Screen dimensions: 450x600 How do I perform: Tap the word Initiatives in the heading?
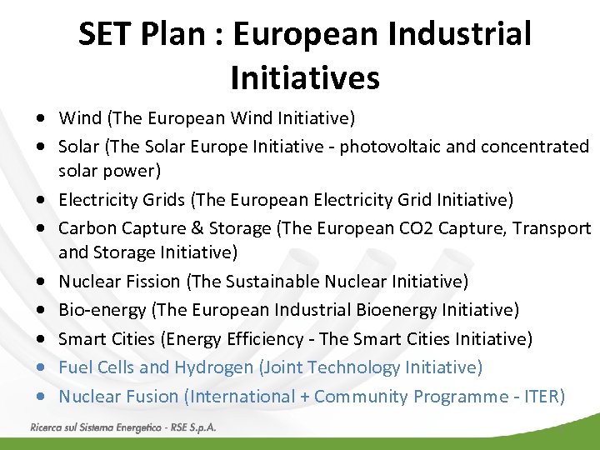pos(305,78)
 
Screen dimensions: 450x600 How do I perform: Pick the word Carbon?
pos(87,228)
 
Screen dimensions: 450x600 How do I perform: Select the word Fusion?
pos(150,397)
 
